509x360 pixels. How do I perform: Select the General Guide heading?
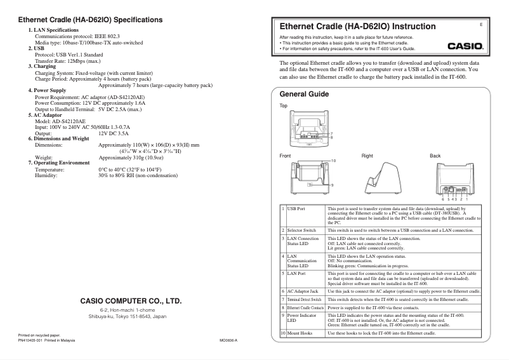click(x=304, y=94)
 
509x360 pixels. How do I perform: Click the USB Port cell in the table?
click(x=296, y=208)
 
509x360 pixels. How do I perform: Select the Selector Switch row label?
click(x=301, y=230)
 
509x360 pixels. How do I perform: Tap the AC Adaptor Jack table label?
click(x=303, y=290)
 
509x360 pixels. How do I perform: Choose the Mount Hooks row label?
click(x=300, y=333)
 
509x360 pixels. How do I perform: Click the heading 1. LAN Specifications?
click(x=54, y=30)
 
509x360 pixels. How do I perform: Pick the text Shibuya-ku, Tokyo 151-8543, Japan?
click(x=128, y=316)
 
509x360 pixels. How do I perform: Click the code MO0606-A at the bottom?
click(x=228, y=340)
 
